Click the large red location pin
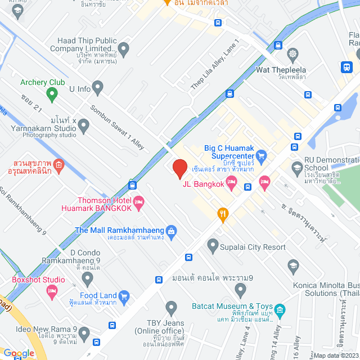179,168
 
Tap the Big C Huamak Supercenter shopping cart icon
261,155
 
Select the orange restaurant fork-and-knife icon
223,213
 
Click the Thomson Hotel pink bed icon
138,201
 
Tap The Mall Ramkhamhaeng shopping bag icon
172,230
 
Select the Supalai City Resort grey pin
213,245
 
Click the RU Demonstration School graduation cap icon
297,167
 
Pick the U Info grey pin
98,88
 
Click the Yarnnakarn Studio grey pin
84,127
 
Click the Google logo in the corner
19,353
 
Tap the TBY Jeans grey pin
172,307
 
